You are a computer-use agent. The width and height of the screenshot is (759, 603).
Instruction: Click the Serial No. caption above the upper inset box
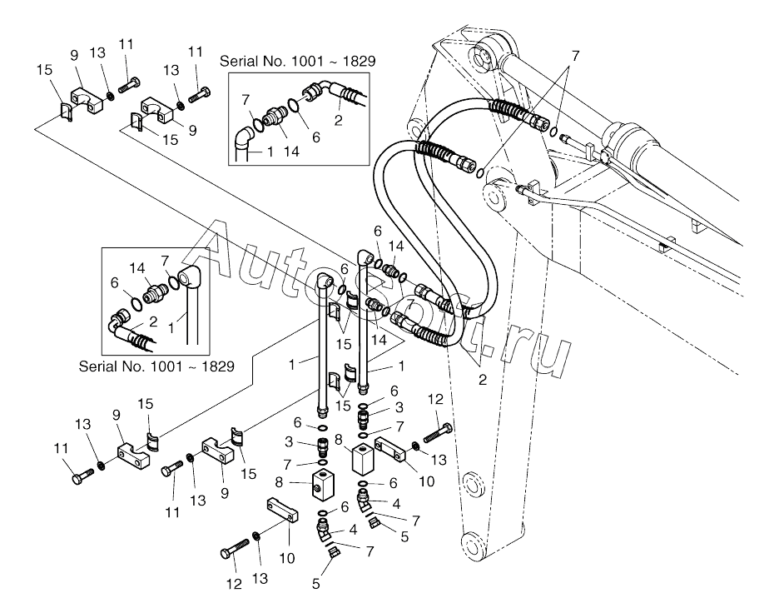pos(297,62)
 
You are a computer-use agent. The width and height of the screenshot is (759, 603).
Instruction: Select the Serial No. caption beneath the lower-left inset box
pos(156,366)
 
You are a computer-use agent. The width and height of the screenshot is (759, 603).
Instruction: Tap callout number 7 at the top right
pos(575,56)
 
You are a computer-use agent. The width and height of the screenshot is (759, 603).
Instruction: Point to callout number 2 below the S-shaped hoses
pos(482,380)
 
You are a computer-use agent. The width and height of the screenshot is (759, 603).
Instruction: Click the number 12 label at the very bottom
pos(235,584)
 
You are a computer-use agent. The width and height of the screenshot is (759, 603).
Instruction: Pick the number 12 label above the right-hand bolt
pos(435,399)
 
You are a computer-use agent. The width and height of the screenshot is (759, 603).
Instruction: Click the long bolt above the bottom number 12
pos(235,549)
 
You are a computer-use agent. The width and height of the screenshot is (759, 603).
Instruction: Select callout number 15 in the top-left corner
pos(44,70)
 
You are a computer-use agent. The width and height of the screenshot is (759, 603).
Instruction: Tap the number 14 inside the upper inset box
pos(291,152)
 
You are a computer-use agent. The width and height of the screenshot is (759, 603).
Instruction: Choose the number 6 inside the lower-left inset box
pos(114,282)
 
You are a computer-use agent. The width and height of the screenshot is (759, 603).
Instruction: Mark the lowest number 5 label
pos(315,584)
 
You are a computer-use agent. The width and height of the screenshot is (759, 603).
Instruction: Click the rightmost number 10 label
pos(426,481)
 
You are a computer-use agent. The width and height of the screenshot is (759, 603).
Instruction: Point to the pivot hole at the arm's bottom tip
pos(473,543)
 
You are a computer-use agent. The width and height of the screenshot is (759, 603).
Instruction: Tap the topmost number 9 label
pos(74,55)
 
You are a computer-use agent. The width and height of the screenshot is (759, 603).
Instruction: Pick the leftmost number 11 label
pos(61,448)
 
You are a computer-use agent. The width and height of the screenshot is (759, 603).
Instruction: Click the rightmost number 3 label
pos(399,407)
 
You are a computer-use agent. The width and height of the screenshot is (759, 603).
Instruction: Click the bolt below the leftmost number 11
pos(82,475)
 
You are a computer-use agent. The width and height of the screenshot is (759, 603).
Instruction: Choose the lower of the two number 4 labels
pos(353,530)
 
